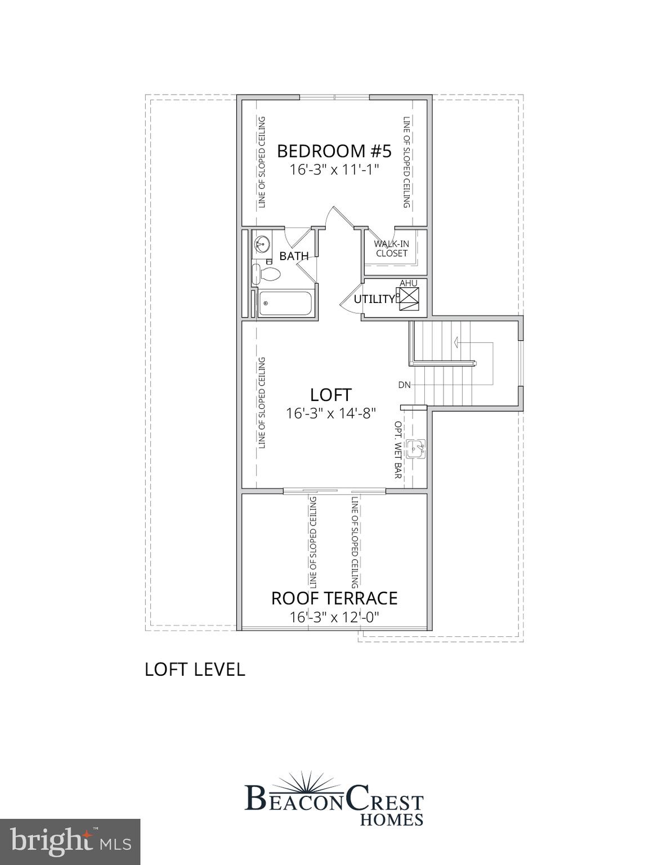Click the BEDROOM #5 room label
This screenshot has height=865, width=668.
pos(334,151)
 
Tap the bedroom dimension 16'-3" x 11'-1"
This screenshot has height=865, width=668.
pos(334,170)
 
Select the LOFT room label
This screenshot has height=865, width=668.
pos(331,395)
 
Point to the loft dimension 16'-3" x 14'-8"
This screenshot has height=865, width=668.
pos(331,413)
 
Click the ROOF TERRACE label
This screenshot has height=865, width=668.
pos(334,598)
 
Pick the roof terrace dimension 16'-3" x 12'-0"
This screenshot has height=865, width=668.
pos(334,617)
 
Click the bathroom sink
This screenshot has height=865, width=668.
pos(261,244)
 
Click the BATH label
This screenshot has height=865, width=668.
pos(294,256)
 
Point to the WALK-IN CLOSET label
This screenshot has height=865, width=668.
pos(392,248)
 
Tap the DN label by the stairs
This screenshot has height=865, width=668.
pos(404,385)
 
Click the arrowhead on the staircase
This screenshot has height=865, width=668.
pos(456,341)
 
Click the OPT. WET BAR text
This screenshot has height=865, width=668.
pos(398,450)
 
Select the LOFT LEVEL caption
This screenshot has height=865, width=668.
pos(195,670)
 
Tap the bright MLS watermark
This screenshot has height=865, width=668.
pos(70,842)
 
